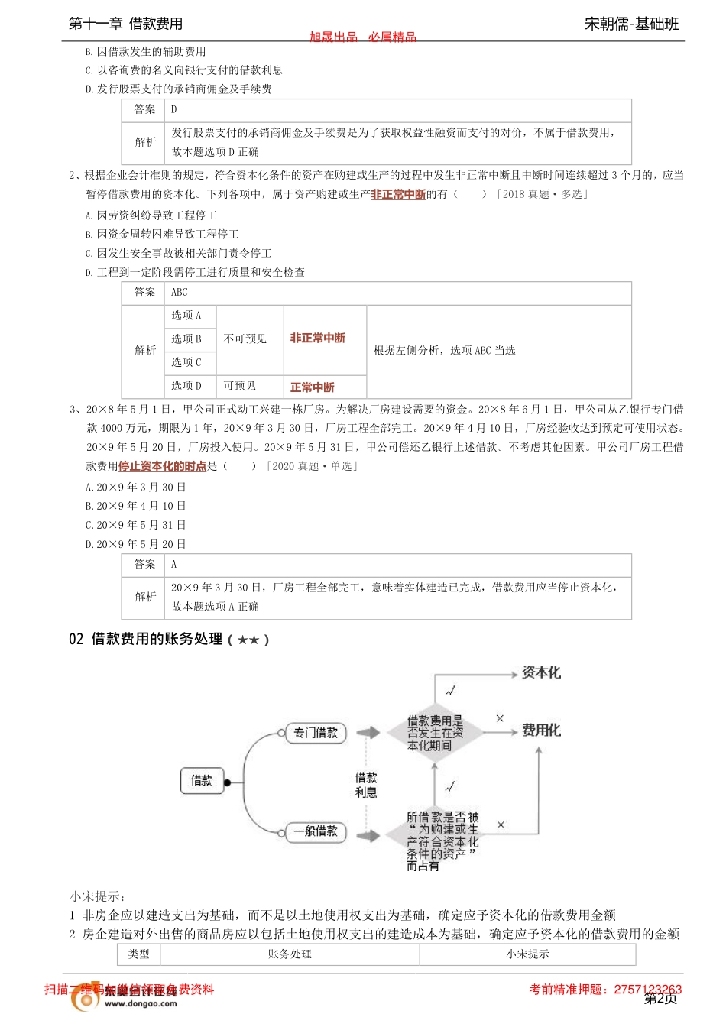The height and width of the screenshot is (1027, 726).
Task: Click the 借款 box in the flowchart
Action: click(x=202, y=781)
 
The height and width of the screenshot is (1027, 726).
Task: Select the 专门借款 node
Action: click(x=316, y=733)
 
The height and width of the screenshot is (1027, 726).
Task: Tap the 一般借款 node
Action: click(x=316, y=831)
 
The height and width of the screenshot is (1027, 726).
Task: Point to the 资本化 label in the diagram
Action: click(x=541, y=672)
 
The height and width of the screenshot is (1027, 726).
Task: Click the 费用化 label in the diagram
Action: click(x=541, y=731)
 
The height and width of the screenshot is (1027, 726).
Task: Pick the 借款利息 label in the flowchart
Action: click(x=366, y=785)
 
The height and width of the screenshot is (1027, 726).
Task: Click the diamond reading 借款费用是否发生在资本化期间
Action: click(x=435, y=733)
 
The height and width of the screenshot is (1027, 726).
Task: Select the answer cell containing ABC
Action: click(x=180, y=293)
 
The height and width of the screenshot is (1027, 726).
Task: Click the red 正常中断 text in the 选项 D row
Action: click(x=312, y=387)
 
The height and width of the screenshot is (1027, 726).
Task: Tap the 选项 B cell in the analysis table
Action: click(x=186, y=339)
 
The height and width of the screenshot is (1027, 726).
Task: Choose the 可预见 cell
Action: click(x=239, y=387)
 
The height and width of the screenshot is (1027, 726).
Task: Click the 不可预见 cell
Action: click(x=245, y=339)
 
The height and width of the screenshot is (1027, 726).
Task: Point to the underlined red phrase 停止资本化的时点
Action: click(x=162, y=466)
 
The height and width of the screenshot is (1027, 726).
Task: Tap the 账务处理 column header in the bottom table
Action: click(x=290, y=954)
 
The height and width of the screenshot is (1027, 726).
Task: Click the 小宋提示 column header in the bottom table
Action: click(x=527, y=954)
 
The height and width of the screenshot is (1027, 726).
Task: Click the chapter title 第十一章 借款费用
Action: click(x=126, y=24)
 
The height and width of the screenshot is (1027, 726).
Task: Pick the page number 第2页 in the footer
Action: click(x=661, y=999)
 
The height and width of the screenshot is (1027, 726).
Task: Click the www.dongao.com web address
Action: click(x=141, y=1004)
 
